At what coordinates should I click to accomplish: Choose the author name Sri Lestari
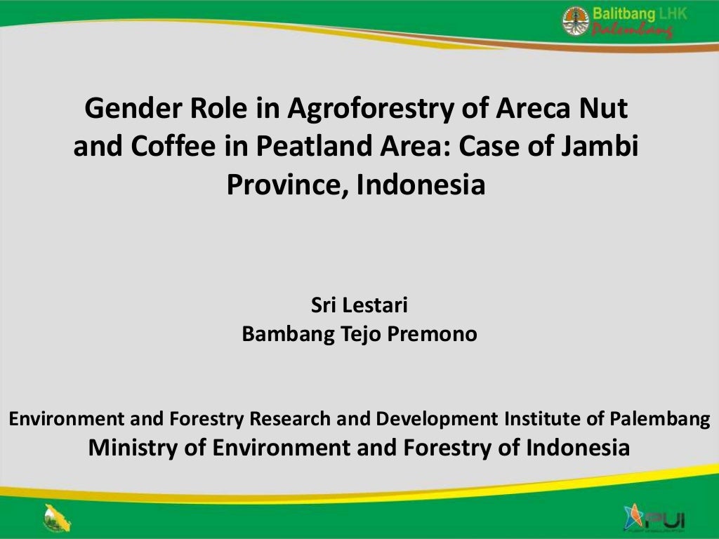(x=359, y=306)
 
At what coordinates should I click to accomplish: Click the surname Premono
(x=439, y=334)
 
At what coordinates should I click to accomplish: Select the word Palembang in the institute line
(x=658, y=419)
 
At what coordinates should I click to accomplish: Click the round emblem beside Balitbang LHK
(x=576, y=20)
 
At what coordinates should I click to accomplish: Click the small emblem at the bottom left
(x=55, y=519)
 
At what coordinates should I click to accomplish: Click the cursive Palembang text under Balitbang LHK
(x=632, y=31)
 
